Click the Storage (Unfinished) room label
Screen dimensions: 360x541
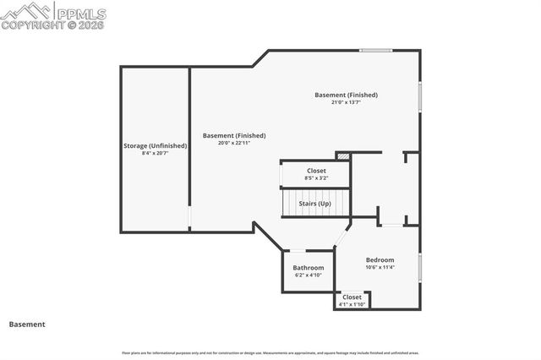(x=155, y=145)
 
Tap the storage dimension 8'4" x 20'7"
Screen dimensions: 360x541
(x=155, y=154)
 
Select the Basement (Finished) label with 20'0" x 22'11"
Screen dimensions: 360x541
(x=234, y=135)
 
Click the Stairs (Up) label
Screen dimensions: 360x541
(x=314, y=203)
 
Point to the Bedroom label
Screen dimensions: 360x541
(x=380, y=259)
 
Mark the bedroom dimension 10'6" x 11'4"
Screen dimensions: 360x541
(x=380, y=267)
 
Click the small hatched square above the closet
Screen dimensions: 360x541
(x=343, y=156)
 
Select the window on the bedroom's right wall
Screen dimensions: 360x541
(x=419, y=266)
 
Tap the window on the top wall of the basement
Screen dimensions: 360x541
(x=374, y=51)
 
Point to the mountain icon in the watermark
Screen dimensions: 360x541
(x=25, y=11)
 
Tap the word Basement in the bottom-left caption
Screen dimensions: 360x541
(x=27, y=324)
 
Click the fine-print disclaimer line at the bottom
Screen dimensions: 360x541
(x=270, y=352)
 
